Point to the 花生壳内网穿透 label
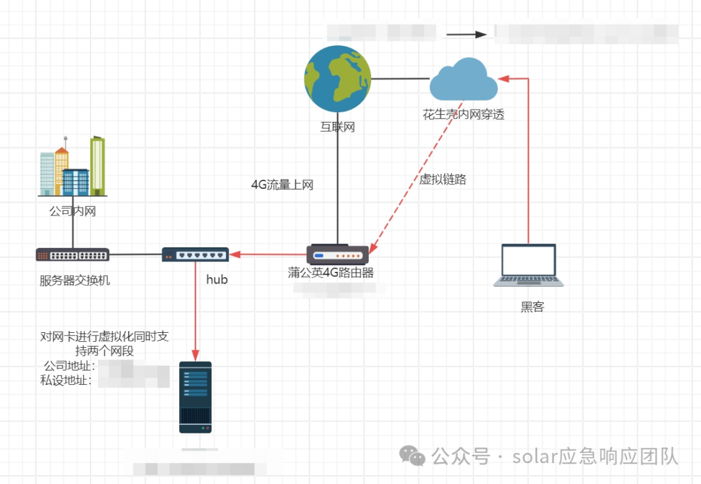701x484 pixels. pos(463,115)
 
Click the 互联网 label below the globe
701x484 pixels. pos(338,127)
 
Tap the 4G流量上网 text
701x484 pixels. pos(282,185)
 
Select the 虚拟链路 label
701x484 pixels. pos(443,180)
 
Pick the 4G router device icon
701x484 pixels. pos(338,254)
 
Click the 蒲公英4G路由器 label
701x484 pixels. pos(331,273)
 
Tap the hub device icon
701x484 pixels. pos(195,254)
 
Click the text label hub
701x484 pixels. pos(217,280)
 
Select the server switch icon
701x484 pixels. pos(73,254)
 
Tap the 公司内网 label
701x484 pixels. pos(73,211)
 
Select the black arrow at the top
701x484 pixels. pos(466,34)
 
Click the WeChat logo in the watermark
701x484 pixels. pos(413,455)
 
